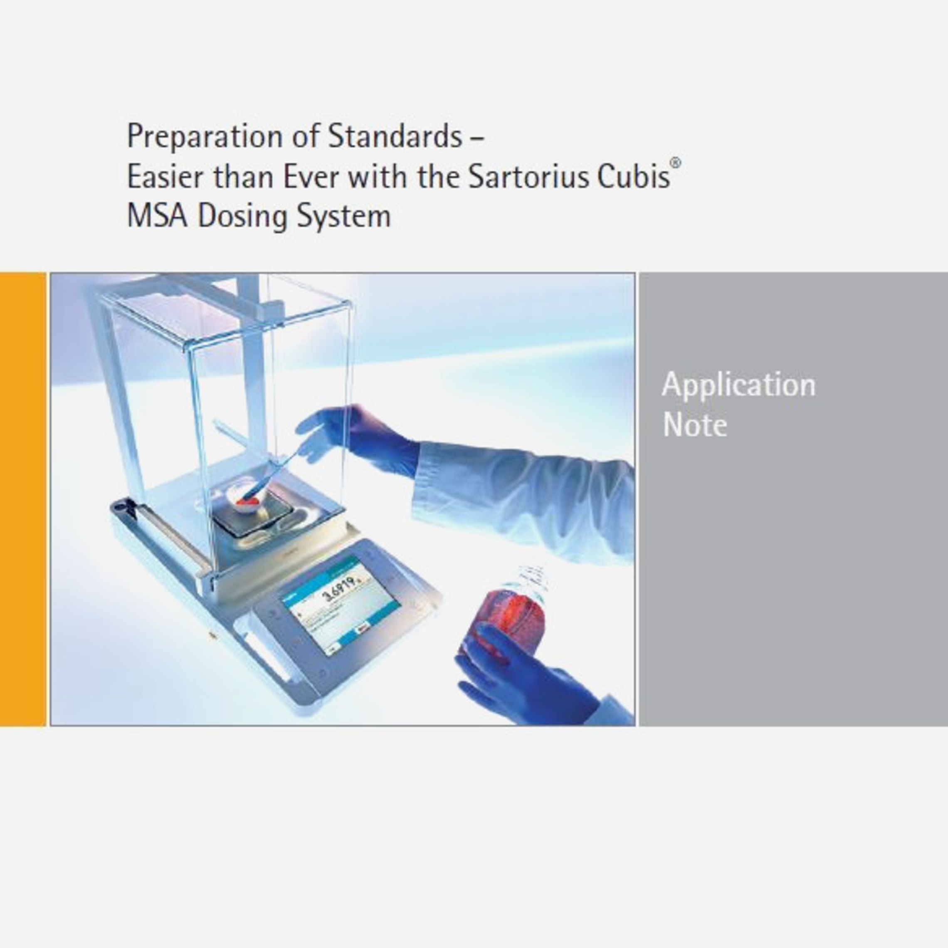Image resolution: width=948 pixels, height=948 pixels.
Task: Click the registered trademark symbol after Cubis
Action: (x=676, y=164)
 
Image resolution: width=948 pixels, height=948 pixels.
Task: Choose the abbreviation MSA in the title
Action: (x=157, y=216)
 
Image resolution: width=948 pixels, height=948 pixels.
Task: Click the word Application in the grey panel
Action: (x=738, y=385)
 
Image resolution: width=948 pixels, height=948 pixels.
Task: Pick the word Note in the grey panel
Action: (x=694, y=425)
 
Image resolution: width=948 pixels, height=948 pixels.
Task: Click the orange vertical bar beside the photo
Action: (x=23, y=499)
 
